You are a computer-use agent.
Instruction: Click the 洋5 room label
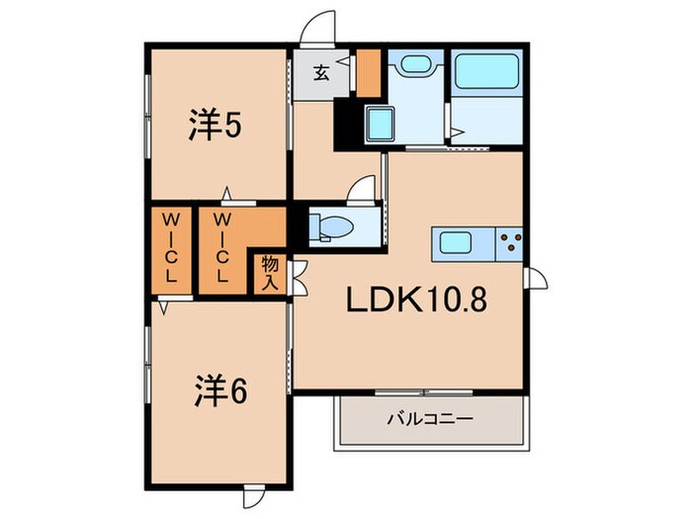click(x=216, y=126)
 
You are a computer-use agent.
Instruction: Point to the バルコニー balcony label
click(x=429, y=419)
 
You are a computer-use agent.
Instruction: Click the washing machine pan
click(x=381, y=127)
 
